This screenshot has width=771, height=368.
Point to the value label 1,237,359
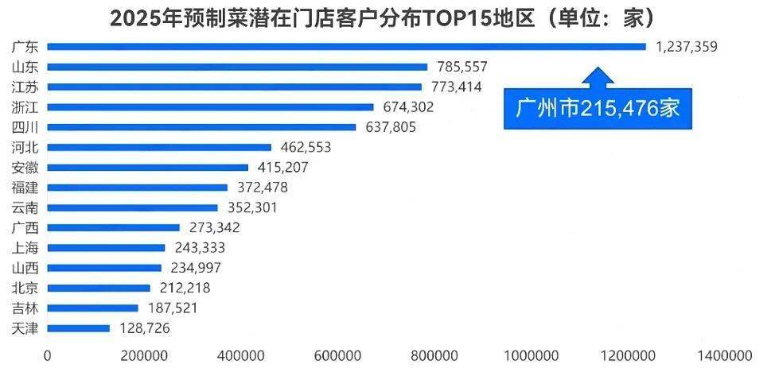tap(687, 47)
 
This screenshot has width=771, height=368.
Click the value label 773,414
tap(456, 87)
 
